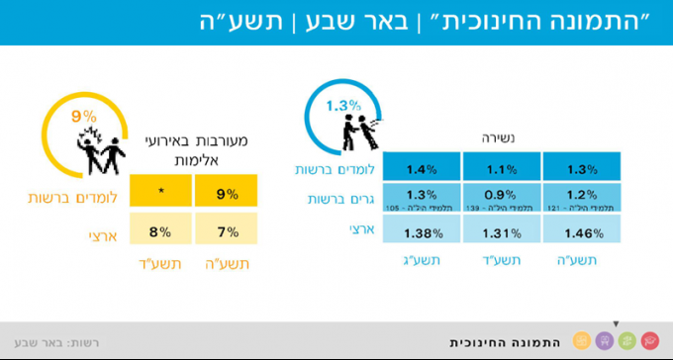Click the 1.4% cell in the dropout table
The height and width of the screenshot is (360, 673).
coord(422,169)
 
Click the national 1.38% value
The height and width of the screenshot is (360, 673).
coord(422,233)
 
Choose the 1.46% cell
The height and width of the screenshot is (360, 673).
coord(581,233)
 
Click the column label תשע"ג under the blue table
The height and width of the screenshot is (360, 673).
coord(422,260)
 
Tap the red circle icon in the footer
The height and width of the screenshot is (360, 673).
coord(649,340)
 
